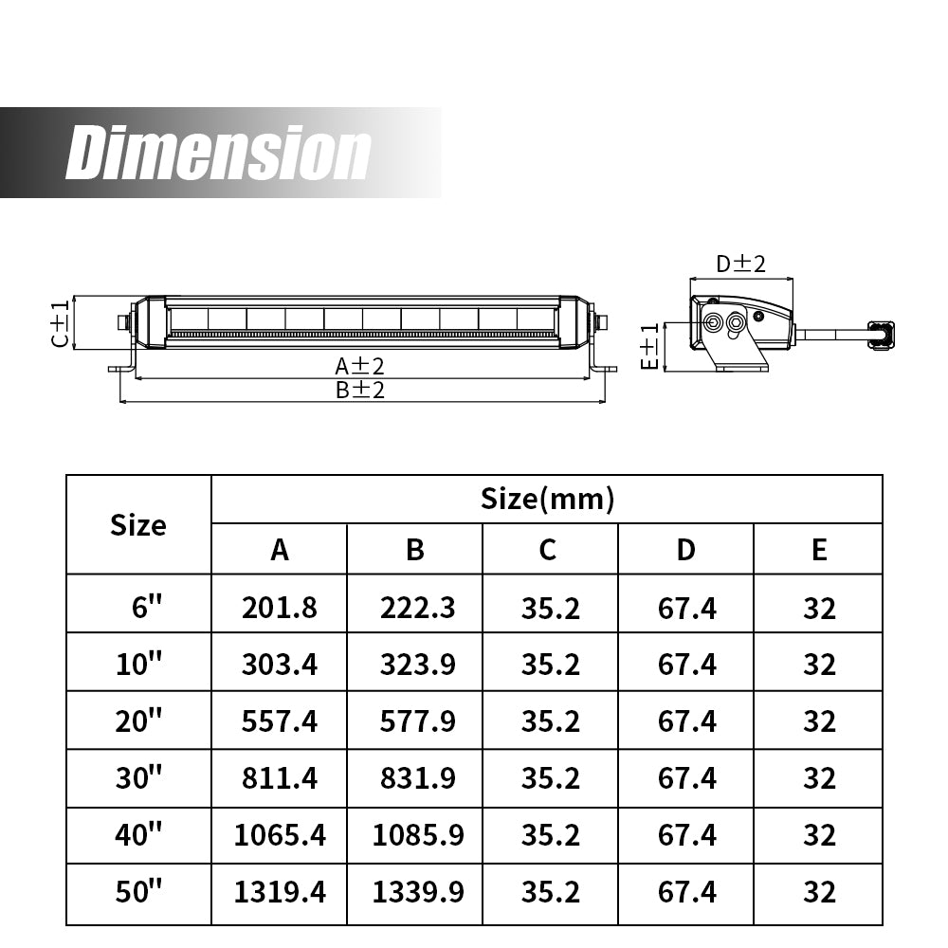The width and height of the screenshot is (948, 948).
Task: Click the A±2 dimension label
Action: click(x=358, y=365)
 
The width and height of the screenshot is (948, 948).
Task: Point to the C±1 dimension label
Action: click(x=60, y=324)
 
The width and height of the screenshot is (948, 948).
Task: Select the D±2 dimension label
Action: click(x=740, y=264)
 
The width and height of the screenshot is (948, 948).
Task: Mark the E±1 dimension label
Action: click(x=649, y=346)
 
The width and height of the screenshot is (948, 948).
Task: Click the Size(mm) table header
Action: click(x=547, y=498)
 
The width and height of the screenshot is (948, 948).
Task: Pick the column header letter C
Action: click(x=548, y=549)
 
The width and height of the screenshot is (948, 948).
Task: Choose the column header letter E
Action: click(x=819, y=549)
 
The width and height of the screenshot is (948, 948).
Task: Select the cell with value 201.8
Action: click(x=279, y=607)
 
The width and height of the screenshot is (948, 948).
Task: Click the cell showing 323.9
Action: click(x=414, y=664)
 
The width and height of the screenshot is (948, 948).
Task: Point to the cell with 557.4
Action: click(x=279, y=720)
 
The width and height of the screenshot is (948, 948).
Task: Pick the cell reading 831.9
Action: click(x=414, y=777)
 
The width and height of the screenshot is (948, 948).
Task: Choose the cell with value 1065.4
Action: click(x=279, y=834)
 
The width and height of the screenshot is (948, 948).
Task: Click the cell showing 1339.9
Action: click(x=414, y=891)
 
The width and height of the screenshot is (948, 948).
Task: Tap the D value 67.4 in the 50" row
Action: click(x=686, y=891)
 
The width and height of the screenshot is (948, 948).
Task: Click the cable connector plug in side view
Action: click(x=882, y=334)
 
